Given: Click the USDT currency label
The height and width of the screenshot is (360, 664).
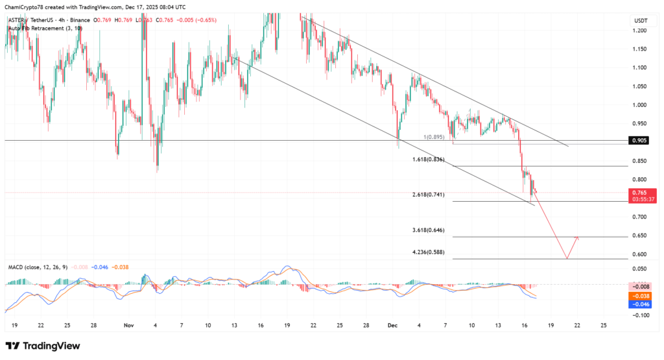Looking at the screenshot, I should tap(639, 21).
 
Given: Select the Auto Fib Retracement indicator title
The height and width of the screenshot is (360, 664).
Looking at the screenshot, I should tap(36, 28).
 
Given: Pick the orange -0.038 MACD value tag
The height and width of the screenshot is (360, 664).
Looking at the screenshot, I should tap(641, 294).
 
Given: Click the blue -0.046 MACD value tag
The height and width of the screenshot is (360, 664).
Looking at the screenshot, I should tap(641, 303).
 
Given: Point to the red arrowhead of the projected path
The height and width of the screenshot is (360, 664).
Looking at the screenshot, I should tap(576, 238).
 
